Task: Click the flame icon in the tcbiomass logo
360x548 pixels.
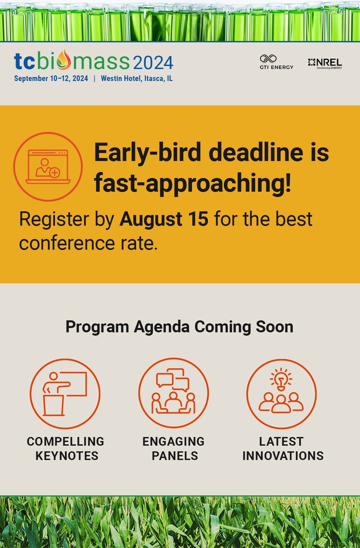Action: (x=67, y=60)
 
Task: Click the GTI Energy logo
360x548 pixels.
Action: (x=276, y=62)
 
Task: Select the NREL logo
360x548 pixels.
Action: (x=325, y=63)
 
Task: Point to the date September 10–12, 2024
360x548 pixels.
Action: (x=51, y=78)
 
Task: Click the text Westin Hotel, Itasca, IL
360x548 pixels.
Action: (x=137, y=78)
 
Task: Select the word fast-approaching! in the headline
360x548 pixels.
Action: (x=192, y=184)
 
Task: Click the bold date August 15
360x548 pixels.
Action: (x=164, y=219)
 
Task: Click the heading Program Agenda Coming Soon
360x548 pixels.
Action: (x=180, y=327)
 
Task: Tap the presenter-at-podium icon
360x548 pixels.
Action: (x=65, y=393)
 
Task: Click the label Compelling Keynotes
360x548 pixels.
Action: (x=65, y=448)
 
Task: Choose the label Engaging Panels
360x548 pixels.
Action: (x=174, y=448)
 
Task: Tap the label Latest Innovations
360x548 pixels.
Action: (x=283, y=448)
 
